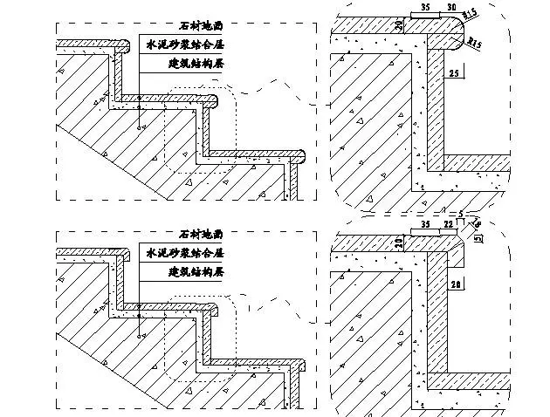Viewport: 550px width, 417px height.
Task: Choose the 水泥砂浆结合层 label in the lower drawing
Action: click(184, 252)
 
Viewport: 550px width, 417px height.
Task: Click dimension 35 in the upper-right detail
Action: click(425, 7)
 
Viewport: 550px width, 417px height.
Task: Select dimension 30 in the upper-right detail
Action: click(451, 7)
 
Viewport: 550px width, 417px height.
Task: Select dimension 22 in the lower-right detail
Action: click(448, 224)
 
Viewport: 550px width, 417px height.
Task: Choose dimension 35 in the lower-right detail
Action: click(425, 224)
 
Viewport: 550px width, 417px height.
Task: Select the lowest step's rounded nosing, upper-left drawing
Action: click(301, 157)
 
